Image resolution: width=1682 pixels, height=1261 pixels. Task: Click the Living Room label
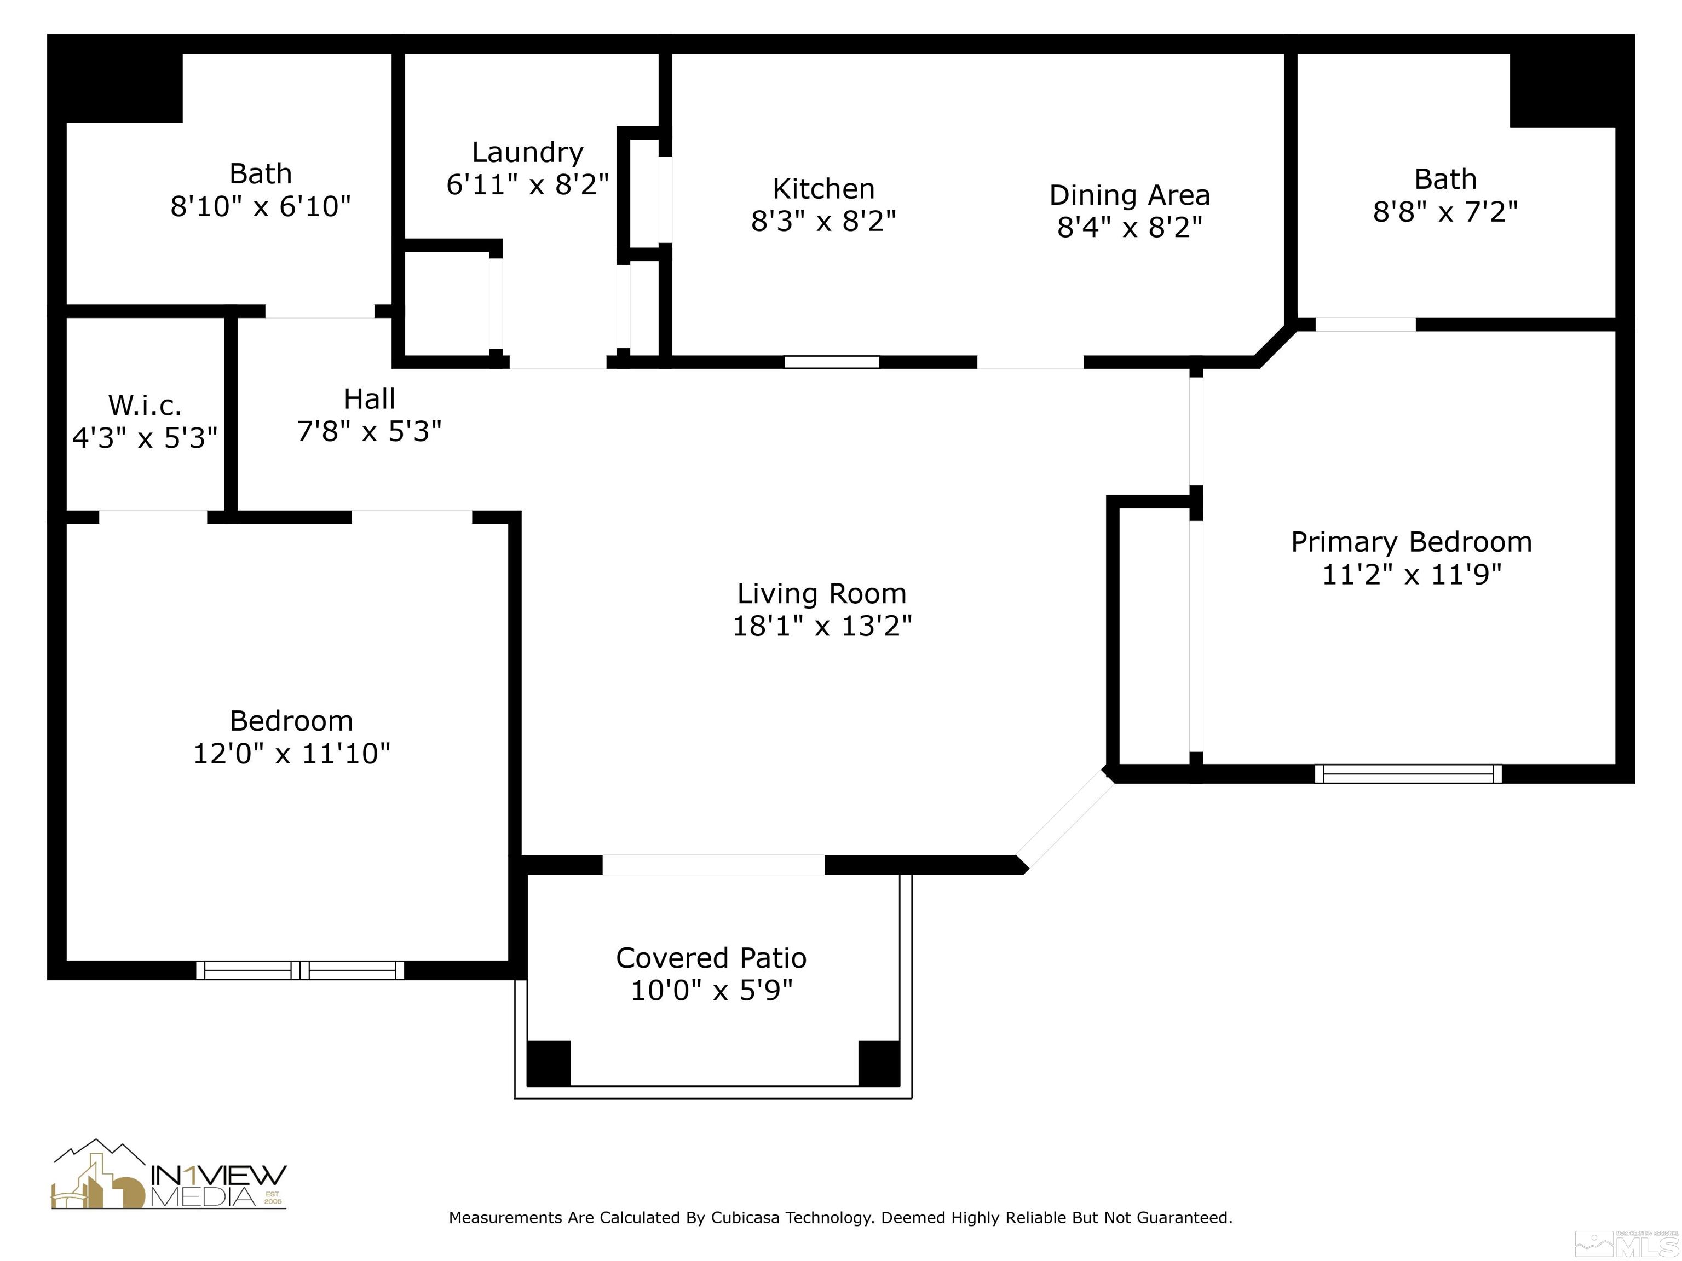[821, 594]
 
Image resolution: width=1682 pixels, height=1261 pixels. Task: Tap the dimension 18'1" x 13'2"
[821, 626]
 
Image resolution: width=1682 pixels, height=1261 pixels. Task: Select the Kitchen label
[823, 188]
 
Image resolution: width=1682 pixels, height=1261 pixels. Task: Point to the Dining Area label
[1129, 195]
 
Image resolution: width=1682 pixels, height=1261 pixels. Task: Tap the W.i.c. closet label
[145, 405]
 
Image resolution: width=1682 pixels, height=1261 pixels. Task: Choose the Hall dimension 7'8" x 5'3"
[369, 432]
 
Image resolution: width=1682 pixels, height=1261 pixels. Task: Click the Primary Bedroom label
[1412, 542]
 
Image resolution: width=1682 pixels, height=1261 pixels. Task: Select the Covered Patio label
[711, 958]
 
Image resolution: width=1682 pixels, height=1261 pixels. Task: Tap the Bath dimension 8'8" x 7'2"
[1445, 212]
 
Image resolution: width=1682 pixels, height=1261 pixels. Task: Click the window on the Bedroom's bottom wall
[301, 970]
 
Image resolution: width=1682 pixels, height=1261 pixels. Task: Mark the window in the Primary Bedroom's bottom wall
[1408, 774]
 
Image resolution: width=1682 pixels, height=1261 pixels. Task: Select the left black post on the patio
[548, 1063]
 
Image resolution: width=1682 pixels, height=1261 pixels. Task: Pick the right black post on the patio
[879, 1063]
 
